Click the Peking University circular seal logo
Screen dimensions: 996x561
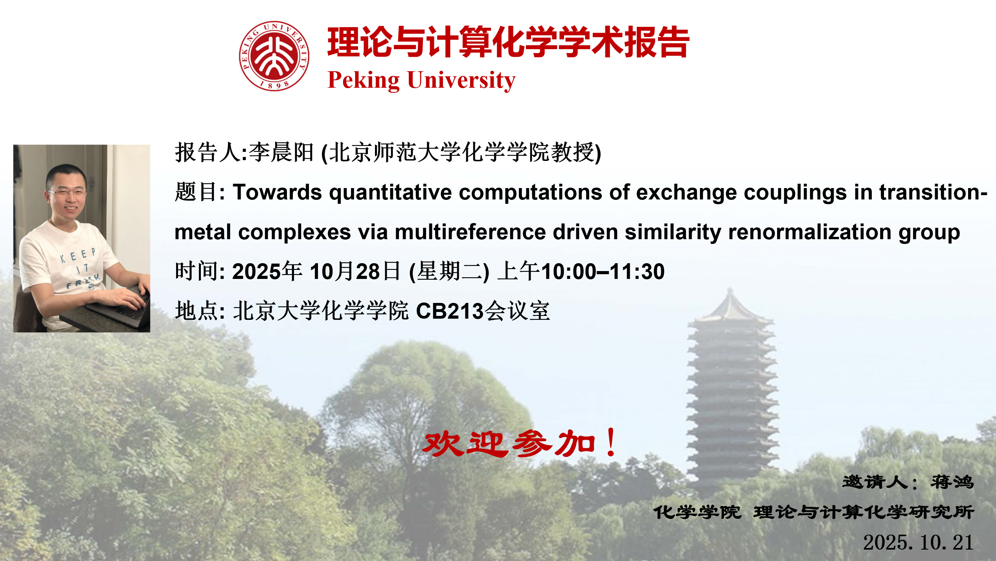click(x=274, y=56)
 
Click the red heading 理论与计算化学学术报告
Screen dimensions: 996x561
click(x=508, y=42)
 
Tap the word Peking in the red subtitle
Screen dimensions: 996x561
click(x=364, y=81)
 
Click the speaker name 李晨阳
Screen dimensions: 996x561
click(x=281, y=152)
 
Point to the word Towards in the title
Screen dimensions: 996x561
click(x=277, y=192)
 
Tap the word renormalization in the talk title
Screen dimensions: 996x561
click(x=810, y=232)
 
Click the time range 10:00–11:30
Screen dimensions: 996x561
click(x=603, y=271)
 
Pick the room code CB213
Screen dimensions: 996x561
click(x=450, y=311)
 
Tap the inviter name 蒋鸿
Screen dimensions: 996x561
click(x=952, y=482)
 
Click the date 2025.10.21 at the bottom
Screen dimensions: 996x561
click(x=918, y=543)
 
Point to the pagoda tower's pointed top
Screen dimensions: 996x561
click(x=730, y=290)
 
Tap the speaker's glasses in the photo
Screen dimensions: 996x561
click(x=66, y=193)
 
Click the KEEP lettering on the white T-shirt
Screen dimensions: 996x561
click(x=78, y=255)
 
